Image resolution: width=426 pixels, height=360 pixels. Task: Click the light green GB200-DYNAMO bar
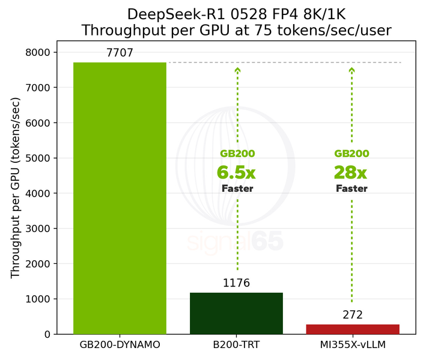pos(120,198)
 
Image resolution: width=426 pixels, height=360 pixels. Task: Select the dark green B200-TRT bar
pos(236,313)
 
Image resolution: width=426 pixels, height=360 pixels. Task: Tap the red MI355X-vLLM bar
pos(353,329)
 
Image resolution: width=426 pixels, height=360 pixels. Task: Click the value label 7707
pos(120,53)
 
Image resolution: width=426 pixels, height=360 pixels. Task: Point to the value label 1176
pos(236,283)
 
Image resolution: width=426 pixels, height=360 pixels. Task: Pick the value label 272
pos(353,315)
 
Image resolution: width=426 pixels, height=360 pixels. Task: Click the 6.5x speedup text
pos(236,172)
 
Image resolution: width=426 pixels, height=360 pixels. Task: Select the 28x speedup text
pos(350,172)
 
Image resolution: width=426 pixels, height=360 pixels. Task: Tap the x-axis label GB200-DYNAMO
pos(120,344)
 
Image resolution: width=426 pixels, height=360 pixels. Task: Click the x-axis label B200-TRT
pos(236,344)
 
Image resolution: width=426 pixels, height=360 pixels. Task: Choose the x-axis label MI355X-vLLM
pos(353,344)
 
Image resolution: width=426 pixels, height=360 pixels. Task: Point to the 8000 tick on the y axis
pos(38,52)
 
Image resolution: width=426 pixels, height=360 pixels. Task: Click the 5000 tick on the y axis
pos(38,158)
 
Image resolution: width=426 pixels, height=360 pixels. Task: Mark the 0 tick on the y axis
pos(47,334)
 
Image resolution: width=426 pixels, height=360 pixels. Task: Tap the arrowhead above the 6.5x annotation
pos(237,70)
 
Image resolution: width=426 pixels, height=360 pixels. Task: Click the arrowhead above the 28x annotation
pos(352,70)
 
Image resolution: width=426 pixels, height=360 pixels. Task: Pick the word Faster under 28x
pos(351,188)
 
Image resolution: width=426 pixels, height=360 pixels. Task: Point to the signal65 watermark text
pos(236,241)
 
